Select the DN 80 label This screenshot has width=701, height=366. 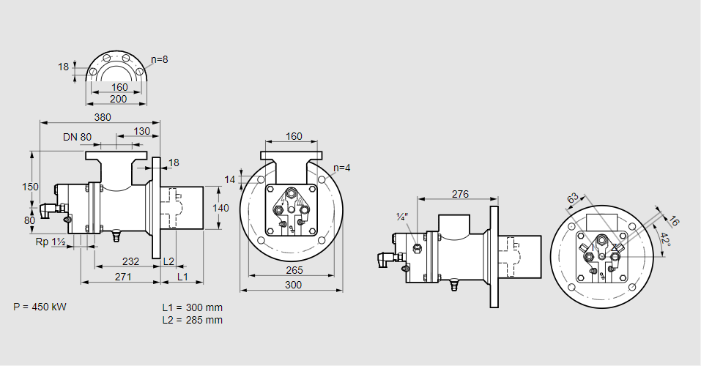click(x=78, y=137)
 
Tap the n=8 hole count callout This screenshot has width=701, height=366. click(x=160, y=59)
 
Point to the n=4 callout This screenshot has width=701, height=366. click(x=341, y=168)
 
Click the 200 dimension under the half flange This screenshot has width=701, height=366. click(x=118, y=99)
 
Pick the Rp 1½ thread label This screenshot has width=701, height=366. click(x=51, y=242)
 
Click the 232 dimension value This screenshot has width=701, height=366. click(x=130, y=261)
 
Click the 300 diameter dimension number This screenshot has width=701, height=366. click(x=293, y=285)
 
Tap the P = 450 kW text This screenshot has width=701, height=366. click(x=40, y=307)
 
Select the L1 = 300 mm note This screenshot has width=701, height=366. click(x=192, y=307)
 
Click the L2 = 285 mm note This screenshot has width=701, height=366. click(x=192, y=320)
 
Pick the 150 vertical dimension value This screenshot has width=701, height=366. click(x=29, y=187)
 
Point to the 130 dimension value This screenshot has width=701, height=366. click(x=143, y=131)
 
